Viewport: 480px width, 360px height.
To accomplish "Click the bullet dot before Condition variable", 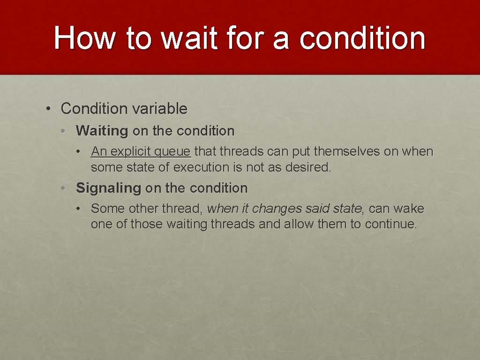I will pos(49,109).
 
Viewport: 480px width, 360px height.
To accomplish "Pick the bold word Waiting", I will pos(102,131).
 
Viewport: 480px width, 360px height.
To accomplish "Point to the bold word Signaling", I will pos(108,188).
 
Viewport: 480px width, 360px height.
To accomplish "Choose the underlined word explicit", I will pos(131,152).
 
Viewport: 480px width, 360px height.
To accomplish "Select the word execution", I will pos(206,167).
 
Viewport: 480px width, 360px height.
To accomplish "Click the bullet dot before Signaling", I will pos(63,188).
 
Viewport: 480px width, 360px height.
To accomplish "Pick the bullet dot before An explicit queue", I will pos(81,152).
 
